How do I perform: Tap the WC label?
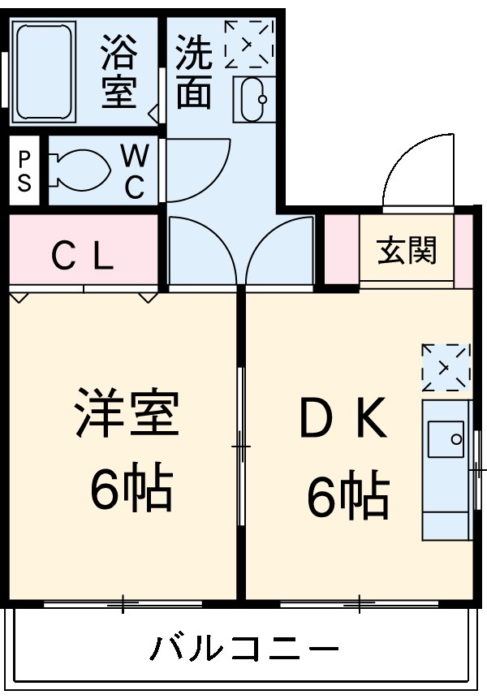coord(134,170)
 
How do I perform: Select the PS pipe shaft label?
coord(24,171)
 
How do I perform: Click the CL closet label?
coord(82,257)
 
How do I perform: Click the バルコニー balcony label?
coord(243,649)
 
